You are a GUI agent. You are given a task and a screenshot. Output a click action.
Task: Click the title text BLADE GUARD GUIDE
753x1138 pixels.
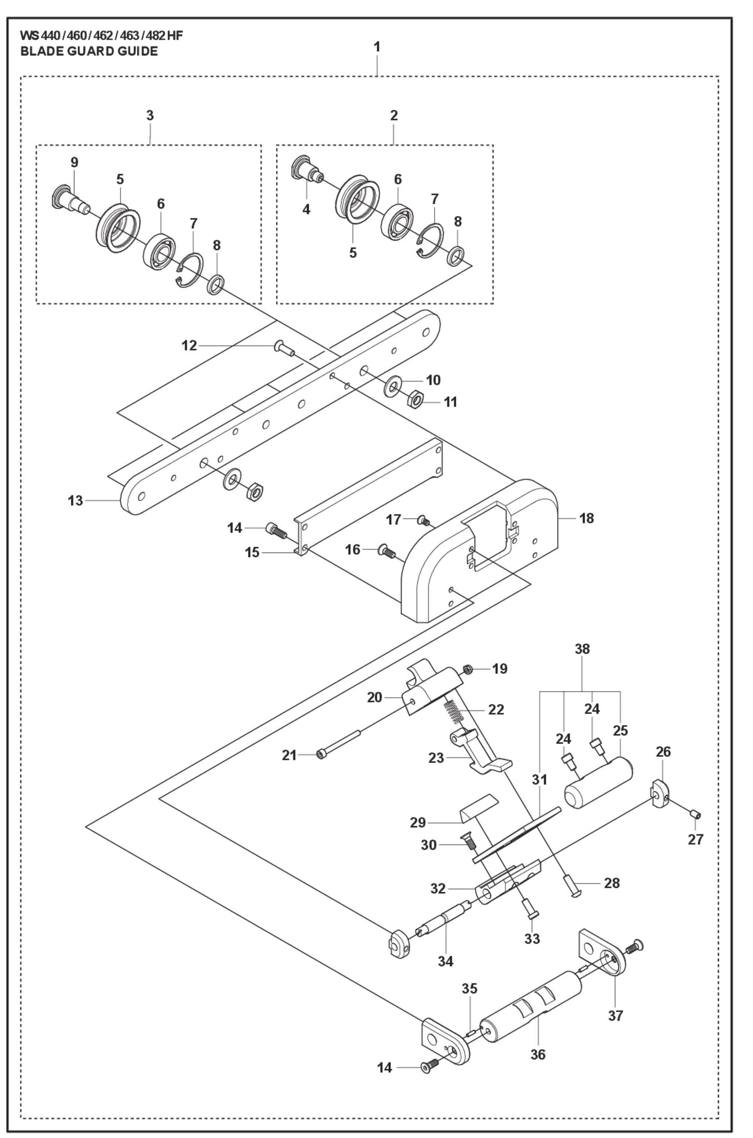tap(89, 51)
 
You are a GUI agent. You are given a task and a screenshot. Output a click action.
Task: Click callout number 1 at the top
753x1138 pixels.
tap(377, 47)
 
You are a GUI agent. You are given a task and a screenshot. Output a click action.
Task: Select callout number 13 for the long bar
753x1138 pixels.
tap(76, 501)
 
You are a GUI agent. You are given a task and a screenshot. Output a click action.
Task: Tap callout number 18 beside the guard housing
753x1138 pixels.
tap(587, 518)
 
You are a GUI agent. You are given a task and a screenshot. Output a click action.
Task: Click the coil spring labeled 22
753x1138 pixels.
tap(454, 711)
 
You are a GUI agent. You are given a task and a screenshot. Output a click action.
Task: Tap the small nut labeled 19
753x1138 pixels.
tap(467, 669)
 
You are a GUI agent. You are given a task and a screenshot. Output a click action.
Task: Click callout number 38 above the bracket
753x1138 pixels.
tap(582, 649)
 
